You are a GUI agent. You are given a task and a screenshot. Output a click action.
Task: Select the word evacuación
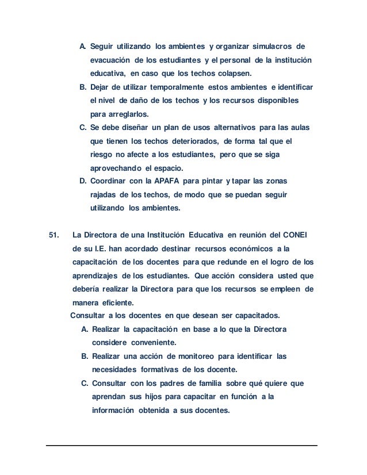pyautogui.click(x=110, y=60)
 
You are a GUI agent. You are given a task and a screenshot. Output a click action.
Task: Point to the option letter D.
pyautogui.click(x=83, y=182)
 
